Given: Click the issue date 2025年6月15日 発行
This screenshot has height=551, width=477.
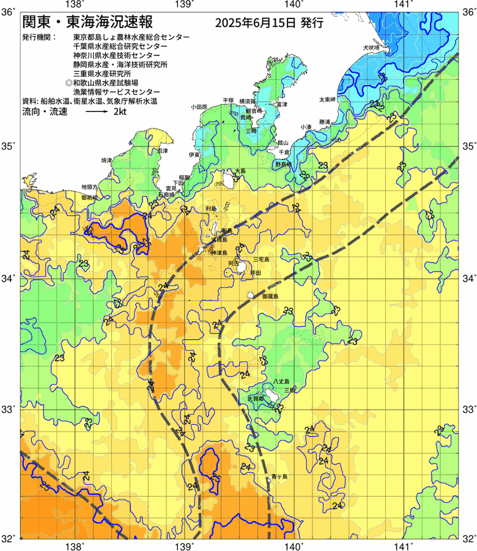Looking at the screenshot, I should tap(269, 24).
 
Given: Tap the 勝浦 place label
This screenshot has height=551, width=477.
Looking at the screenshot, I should tap(324, 122).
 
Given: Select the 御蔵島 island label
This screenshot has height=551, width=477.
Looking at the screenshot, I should tap(270, 296).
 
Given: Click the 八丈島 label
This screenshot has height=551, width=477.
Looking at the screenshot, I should tap(284, 381).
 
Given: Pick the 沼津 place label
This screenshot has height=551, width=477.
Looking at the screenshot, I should tap(163, 150).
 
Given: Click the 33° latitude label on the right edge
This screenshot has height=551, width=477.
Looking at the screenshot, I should tap(467, 408).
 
